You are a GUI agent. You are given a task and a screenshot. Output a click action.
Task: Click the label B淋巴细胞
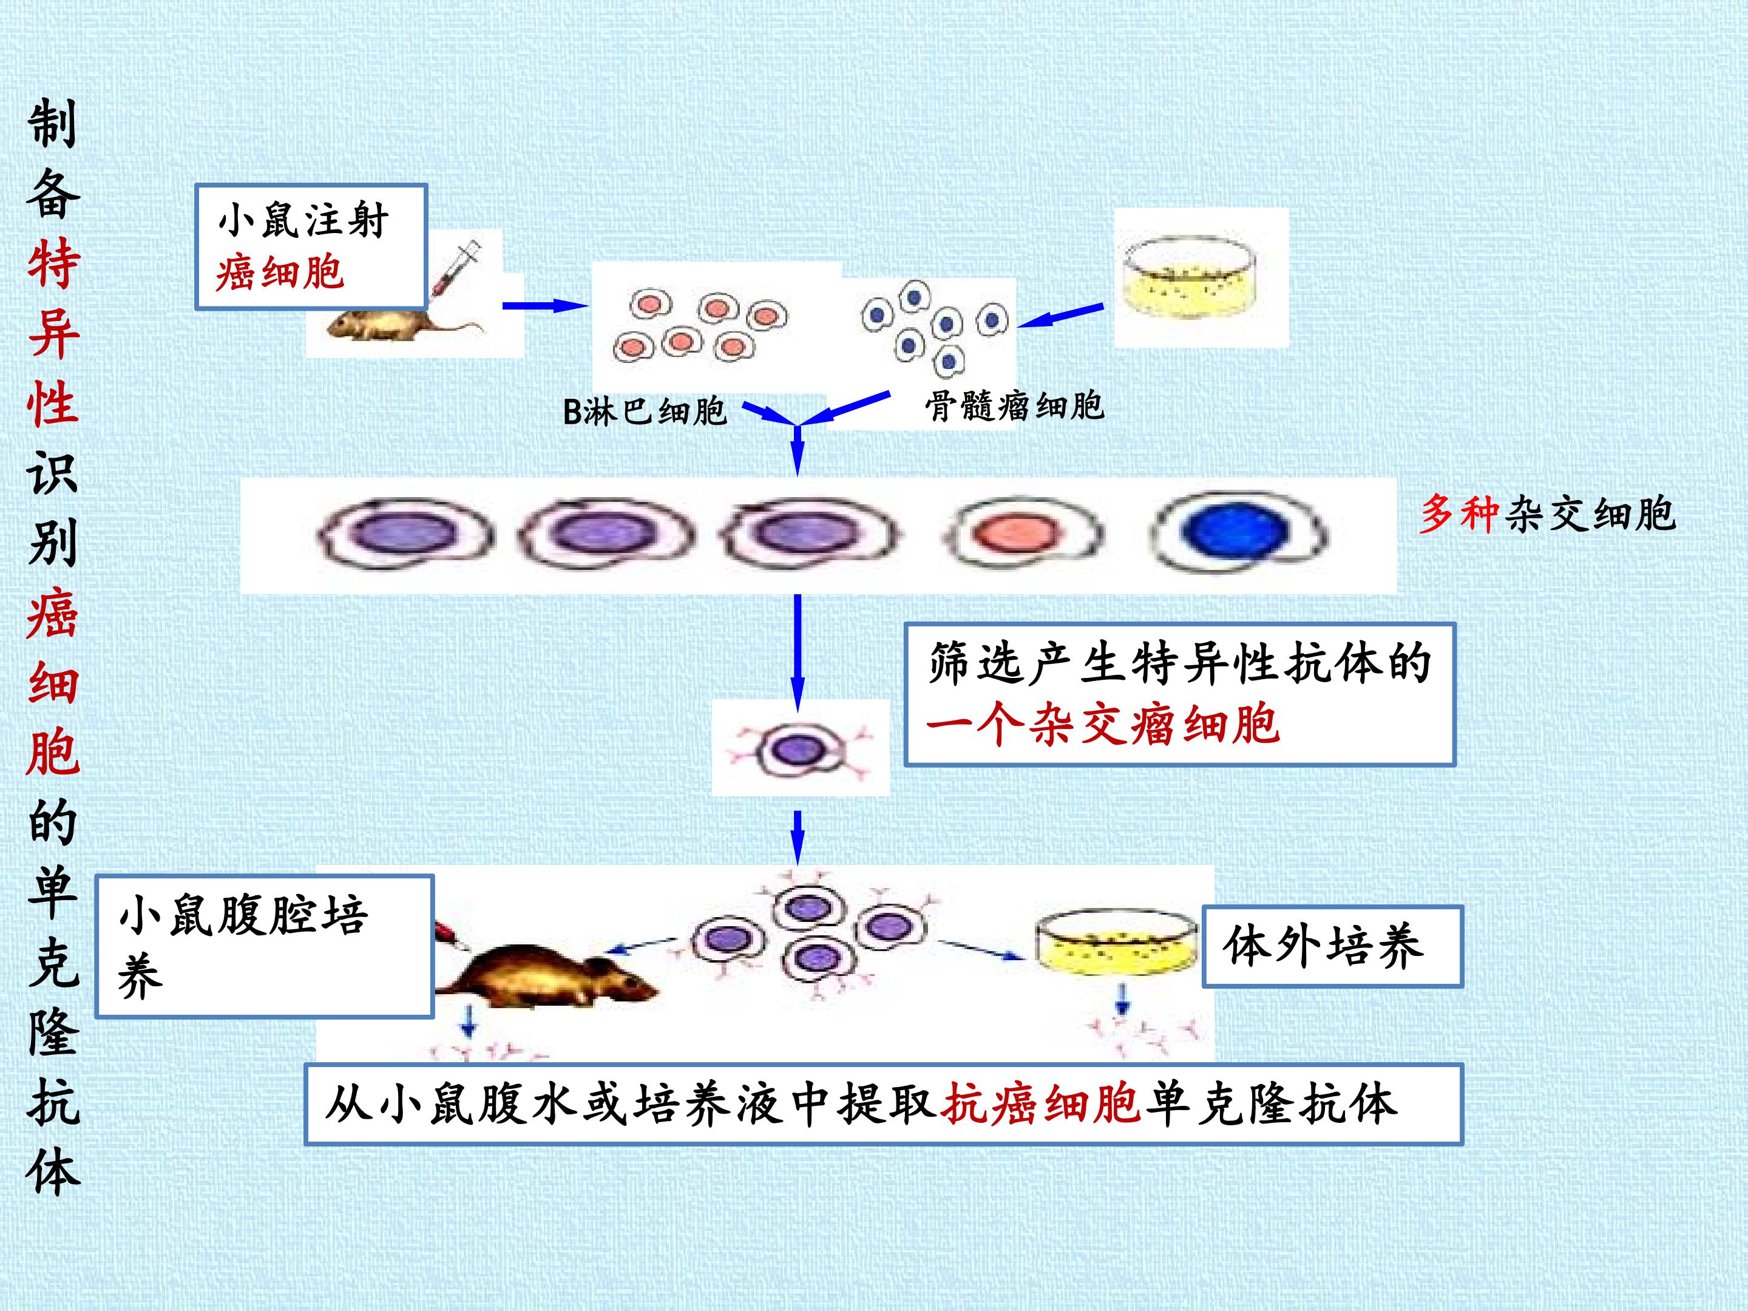(644, 411)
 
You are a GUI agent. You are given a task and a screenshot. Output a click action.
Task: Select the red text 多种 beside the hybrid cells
(1458, 513)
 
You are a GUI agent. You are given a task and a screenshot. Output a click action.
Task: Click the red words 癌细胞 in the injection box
(280, 273)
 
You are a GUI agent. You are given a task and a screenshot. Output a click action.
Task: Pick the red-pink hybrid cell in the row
(1021, 534)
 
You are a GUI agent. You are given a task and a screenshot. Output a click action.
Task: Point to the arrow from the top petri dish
(1060, 314)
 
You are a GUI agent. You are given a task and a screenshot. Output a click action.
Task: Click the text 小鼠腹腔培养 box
(265, 945)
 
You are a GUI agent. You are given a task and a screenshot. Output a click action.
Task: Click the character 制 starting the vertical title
(53, 123)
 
